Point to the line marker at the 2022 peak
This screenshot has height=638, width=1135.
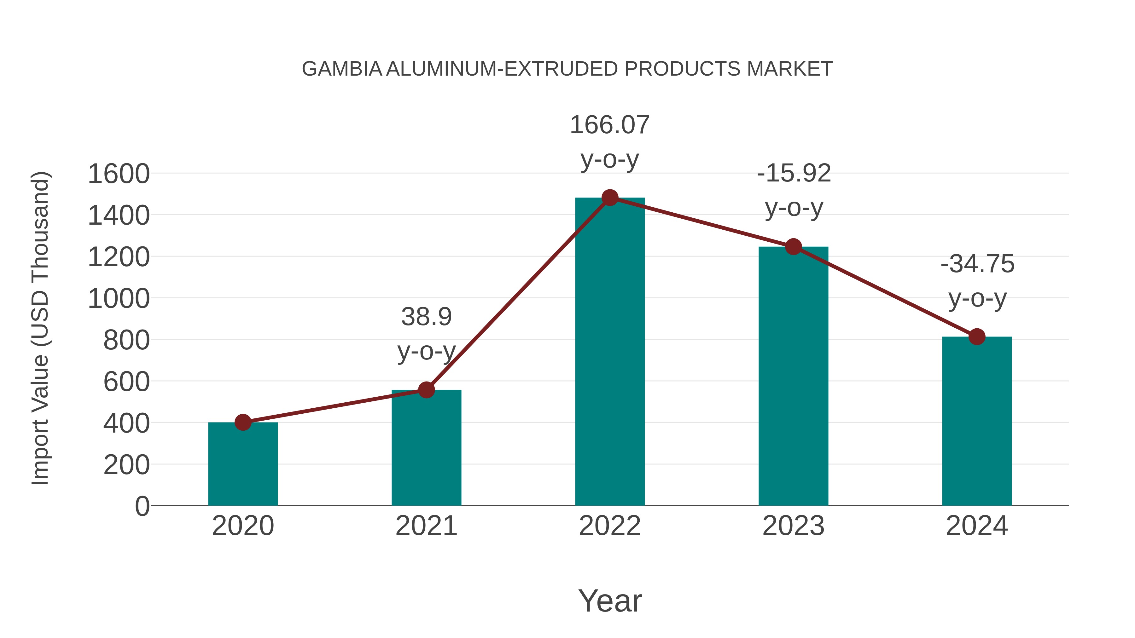pyautogui.click(x=610, y=198)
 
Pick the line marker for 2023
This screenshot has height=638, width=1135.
pyautogui.click(x=794, y=247)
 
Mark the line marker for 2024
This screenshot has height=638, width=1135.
pyautogui.click(x=977, y=337)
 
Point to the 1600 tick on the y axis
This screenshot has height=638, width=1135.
pyautogui.click(x=119, y=174)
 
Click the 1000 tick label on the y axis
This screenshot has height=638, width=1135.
pyautogui.click(x=119, y=299)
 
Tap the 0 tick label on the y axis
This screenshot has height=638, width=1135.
pyautogui.click(x=142, y=506)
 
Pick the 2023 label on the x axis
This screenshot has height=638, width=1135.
pyautogui.click(x=794, y=526)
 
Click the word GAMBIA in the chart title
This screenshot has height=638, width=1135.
pyautogui.click(x=342, y=69)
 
